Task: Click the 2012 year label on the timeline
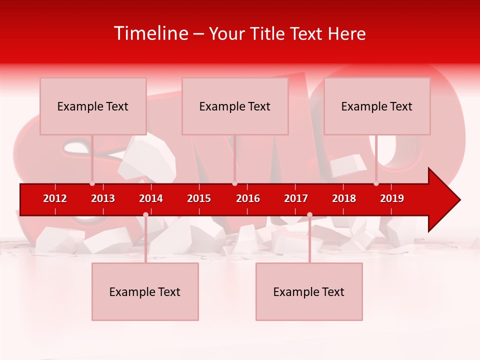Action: [x=55, y=198]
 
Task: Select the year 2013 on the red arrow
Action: [x=103, y=198]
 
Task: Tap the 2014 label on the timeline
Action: [x=151, y=198]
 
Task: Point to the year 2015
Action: [x=199, y=198]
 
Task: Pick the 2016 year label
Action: [x=248, y=198]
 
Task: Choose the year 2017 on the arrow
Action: [x=296, y=198]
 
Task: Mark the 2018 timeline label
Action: [x=344, y=198]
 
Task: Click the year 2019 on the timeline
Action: [x=392, y=198]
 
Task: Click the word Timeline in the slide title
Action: [x=151, y=33]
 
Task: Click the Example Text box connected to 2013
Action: [x=93, y=106]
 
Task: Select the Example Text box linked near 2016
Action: [x=235, y=106]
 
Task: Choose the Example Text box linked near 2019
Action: [x=377, y=106]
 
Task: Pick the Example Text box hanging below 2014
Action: [x=145, y=291]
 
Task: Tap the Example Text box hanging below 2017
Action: [x=309, y=291]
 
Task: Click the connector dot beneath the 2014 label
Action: [x=145, y=214]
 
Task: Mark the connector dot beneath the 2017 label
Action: [x=309, y=214]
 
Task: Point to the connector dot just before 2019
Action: [x=376, y=183]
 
